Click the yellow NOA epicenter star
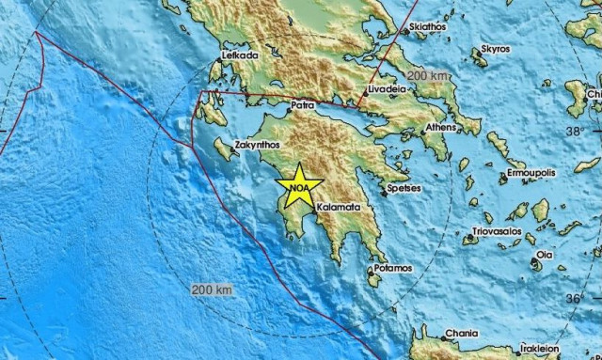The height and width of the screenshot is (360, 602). coord(299,186)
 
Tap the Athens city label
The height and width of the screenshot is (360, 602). coord(441,127)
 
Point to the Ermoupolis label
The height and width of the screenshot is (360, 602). coord(531,174)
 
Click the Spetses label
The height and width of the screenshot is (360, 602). coord(405,189)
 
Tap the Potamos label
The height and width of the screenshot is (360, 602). coord(392,269)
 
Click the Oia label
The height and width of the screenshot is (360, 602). coord(546,254)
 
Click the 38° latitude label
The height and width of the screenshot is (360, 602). coord(574,133)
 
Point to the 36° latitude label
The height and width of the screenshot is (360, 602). coord(575,299)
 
